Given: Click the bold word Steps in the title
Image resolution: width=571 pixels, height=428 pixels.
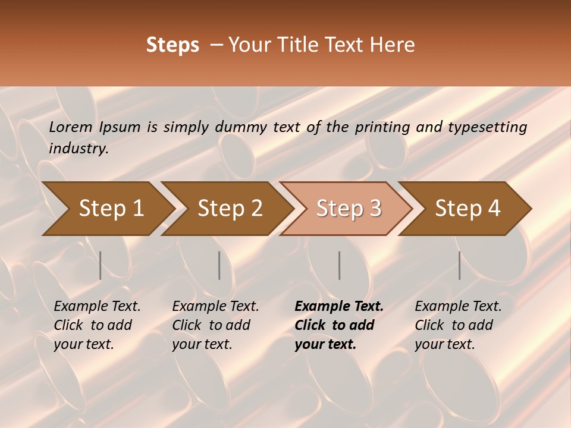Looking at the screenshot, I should pos(172,45).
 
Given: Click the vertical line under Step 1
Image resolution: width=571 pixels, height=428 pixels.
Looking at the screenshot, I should pos(101,265).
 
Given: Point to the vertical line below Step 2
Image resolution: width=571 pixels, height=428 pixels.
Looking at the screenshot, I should pos(219,265).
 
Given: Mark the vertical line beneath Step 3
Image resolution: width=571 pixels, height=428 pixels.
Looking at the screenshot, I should pos(340,265).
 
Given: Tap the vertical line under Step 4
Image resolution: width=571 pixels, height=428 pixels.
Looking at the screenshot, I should pos(460,265).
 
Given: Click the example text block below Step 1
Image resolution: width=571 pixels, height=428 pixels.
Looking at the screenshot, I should pos(97,325).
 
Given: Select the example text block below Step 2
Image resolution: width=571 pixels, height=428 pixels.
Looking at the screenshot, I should pos(215,325).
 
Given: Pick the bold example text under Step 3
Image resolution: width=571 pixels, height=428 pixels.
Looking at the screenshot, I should pos(339,325).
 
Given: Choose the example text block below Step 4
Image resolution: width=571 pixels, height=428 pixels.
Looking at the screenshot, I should pos(458,325).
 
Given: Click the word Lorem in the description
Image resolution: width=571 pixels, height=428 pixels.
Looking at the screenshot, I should pos(71,127).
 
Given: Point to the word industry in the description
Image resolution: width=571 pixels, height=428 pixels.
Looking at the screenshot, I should pos(79,149).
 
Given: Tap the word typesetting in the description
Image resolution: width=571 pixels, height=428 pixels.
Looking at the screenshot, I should pos(487,127).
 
